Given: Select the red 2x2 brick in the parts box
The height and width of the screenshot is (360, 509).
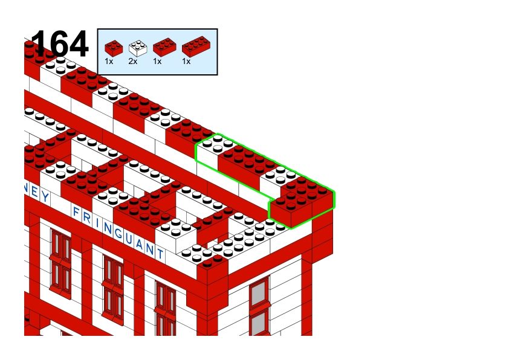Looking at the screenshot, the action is (114, 48).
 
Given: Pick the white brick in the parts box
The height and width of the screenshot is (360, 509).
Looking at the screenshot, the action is (138, 48).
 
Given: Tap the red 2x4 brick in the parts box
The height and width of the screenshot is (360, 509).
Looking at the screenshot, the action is (196, 47).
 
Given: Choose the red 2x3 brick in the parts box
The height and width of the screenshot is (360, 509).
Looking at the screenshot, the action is (164, 47).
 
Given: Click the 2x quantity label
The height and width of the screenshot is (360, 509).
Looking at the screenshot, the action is (133, 61).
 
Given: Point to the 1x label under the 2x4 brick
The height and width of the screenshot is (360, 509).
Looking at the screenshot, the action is (186, 61).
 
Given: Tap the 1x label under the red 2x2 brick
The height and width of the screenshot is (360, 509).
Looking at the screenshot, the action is (109, 61).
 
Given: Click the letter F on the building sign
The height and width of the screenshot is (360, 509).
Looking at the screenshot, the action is (77, 211).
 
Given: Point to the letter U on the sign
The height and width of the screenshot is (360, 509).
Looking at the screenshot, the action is (129, 239).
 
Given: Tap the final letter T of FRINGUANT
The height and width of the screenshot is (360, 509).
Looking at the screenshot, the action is (160, 253).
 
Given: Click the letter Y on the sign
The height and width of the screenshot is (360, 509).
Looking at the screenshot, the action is (45, 196).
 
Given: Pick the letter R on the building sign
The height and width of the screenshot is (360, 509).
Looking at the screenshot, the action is (86, 217).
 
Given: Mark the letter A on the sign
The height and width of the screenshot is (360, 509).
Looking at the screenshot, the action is (140, 244).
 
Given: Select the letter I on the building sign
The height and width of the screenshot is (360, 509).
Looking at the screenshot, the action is (97, 222).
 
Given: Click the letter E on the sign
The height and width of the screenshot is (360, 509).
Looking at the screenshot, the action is (34, 191).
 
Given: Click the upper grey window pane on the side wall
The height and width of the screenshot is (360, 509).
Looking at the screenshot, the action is (259, 294).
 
